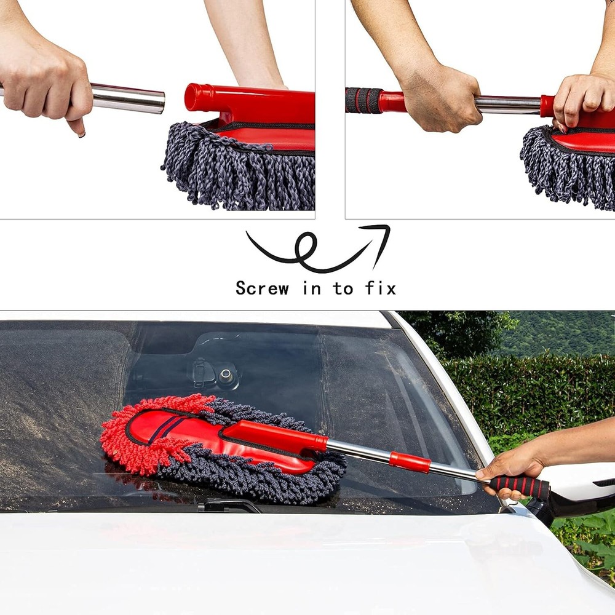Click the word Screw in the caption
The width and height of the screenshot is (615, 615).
pos(262,288)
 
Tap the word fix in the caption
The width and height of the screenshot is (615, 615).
pos(380,288)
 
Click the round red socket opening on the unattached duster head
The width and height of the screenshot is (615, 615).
pos(191,97)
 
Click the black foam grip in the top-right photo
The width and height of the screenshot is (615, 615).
pos(363,100)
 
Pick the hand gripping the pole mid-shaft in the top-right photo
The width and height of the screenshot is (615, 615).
pos(440,98)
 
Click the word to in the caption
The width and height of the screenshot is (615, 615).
pos(343,288)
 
